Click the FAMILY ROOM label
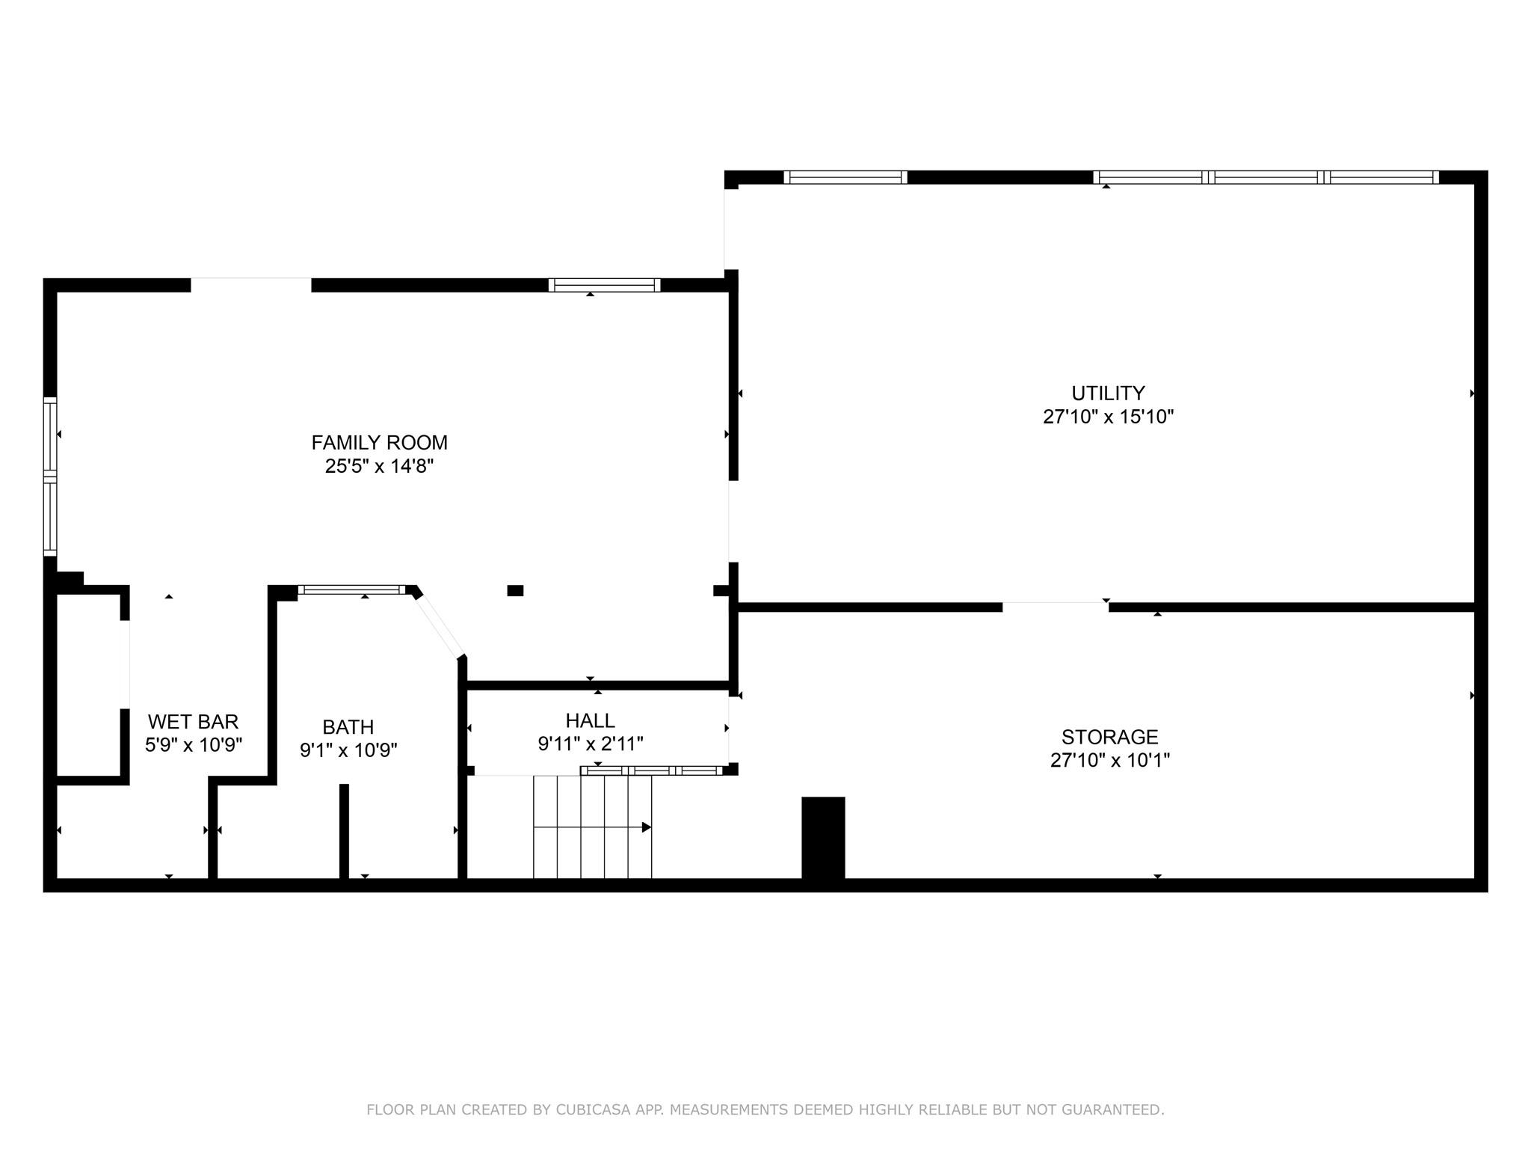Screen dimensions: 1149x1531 [x=379, y=443]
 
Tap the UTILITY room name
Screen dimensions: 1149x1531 [x=1108, y=393]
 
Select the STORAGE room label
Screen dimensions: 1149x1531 [x=1109, y=737]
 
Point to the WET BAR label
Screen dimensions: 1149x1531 [x=193, y=722]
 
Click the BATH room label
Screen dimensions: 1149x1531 [x=348, y=727]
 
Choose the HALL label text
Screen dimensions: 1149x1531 [x=590, y=720]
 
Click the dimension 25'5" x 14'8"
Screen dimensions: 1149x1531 [x=379, y=467]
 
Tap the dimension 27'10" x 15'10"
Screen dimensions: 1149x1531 [x=1108, y=417]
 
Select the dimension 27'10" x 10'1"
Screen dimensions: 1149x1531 [x=1109, y=761]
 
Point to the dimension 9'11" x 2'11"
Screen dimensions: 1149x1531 [x=590, y=744]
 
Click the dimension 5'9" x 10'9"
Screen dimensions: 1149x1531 [x=193, y=746]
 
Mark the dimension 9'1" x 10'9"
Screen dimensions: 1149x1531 [x=348, y=750]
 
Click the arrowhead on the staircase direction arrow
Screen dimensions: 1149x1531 [x=647, y=827]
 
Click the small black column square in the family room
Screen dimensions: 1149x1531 [x=515, y=590]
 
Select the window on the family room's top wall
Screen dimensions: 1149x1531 [x=604, y=285]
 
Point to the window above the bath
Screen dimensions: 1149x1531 [x=351, y=589]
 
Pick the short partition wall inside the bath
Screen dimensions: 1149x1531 [x=344, y=830]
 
